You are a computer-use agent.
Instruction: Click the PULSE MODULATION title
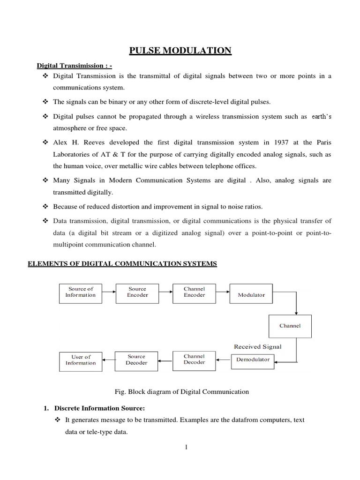click(x=180, y=50)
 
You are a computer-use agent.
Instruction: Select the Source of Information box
click(x=80, y=292)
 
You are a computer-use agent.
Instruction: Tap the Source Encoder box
click(x=137, y=292)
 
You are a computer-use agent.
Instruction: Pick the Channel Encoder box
click(x=194, y=292)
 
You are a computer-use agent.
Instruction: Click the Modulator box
click(x=251, y=295)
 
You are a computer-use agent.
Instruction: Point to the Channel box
click(x=290, y=326)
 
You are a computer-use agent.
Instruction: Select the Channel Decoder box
click(x=194, y=360)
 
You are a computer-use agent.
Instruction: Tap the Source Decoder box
click(x=137, y=360)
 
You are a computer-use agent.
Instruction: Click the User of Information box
click(x=81, y=360)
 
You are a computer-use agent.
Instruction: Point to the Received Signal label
click(x=258, y=347)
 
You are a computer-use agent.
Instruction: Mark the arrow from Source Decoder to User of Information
click(x=108, y=360)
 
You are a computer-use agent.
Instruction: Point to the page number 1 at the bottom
click(x=186, y=447)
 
